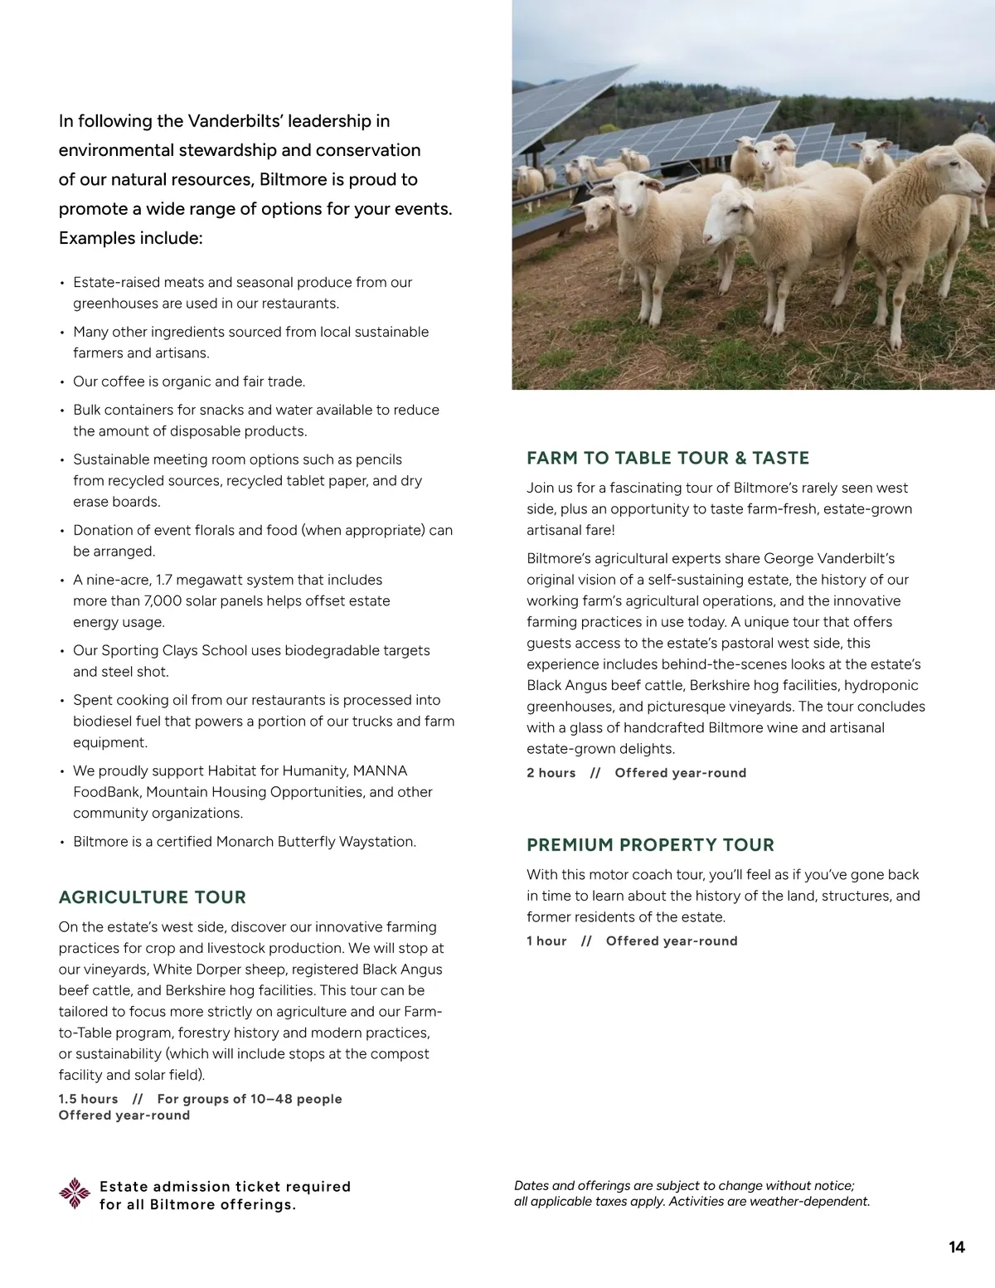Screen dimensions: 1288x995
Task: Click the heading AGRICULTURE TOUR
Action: (x=153, y=897)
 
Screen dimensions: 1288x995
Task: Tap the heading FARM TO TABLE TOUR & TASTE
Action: (x=667, y=458)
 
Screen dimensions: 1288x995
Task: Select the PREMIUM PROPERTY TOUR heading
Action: (x=650, y=845)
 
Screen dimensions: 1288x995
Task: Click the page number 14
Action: (x=957, y=1247)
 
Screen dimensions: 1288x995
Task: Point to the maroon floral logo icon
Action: (x=75, y=1194)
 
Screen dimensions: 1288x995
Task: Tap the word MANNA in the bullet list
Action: (x=380, y=771)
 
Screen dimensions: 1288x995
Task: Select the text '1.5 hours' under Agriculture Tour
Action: (x=88, y=1099)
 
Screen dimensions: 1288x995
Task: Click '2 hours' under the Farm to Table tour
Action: (x=551, y=773)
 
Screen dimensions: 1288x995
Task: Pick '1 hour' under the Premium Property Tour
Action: (x=546, y=941)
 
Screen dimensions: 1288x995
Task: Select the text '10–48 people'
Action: (x=296, y=1099)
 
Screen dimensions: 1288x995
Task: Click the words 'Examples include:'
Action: (x=130, y=239)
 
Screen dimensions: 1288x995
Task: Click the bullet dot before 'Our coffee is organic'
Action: (x=62, y=382)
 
